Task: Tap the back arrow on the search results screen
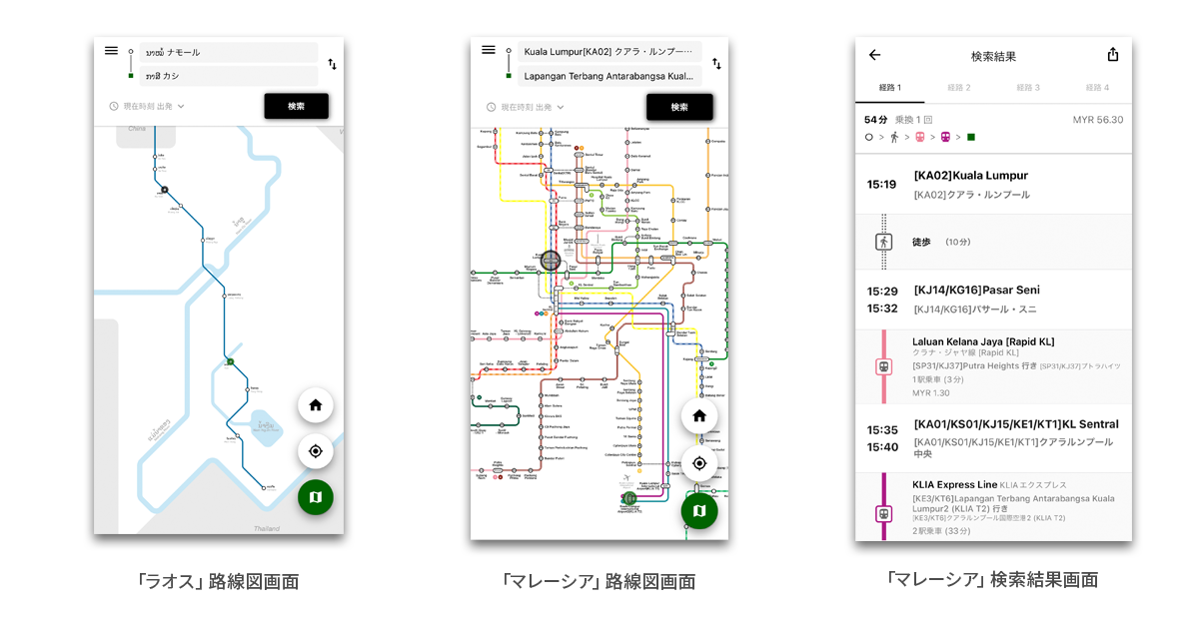pos(874,56)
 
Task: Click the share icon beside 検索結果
pos(1113,56)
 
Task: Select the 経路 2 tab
pos(959,88)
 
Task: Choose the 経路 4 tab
pos(1097,88)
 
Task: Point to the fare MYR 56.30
pos(1097,120)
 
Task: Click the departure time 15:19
pos(881,185)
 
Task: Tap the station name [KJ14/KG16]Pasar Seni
pos(976,290)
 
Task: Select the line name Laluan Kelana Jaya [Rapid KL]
pos(983,341)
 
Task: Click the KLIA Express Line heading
pos(954,485)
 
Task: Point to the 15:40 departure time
pos(881,446)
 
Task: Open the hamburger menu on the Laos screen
pos(111,51)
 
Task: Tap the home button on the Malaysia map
pos(699,415)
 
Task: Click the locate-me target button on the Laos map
pos(316,451)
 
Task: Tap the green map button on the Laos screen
pos(316,496)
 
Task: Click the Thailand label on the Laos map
pos(267,528)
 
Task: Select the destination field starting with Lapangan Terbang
pos(609,75)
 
